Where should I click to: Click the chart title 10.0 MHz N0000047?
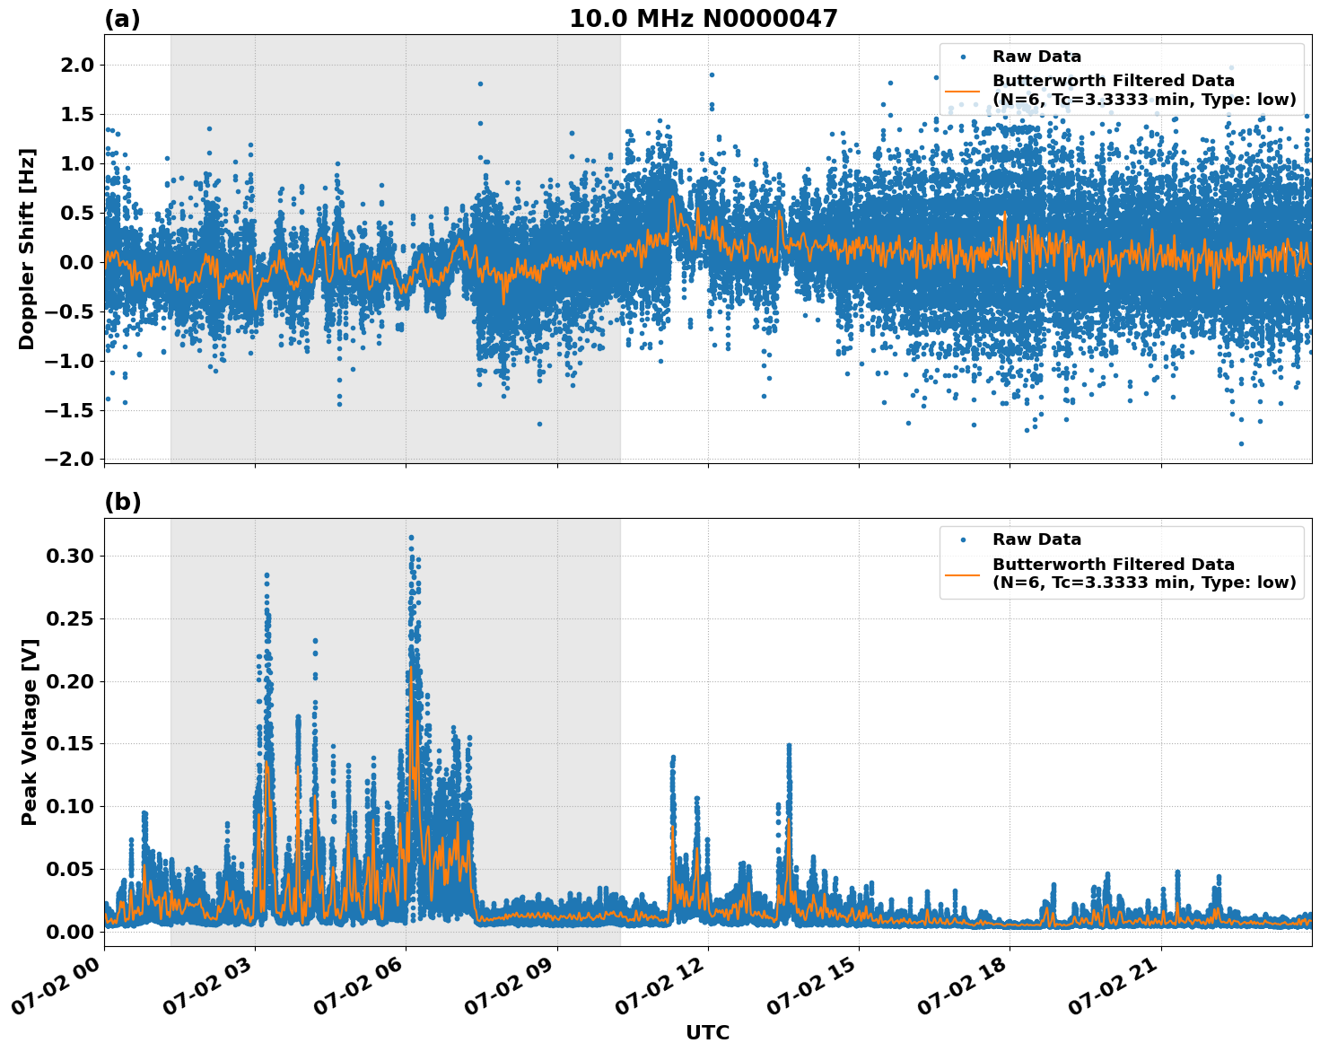click(x=703, y=19)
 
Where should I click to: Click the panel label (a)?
click(x=122, y=19)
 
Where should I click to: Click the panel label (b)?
click(x=122, y=502)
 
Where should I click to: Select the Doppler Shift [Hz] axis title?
click(x=27, y=249)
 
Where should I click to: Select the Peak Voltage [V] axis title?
click(x=30, y=732)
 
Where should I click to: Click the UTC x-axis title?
click(x=707, y=1032)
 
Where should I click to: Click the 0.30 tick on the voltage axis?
click(x=69, y=556)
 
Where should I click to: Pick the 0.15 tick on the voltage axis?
click(x=69, y=743)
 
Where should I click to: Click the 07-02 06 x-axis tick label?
click(x=360, y=987)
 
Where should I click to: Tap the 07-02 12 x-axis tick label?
click(x=661, y=987)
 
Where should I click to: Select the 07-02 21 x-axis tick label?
click(x=1115, y=987)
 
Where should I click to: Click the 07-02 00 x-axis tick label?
click(x=57, y=987)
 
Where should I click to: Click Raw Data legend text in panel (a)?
click(x=1036, y=57)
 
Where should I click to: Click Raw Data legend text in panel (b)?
click(x=1036, y=539)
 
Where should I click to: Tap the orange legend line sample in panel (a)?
click(x=963, y=91)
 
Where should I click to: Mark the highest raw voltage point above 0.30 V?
click(x=411, y=538)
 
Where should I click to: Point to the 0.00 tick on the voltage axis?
click(x=69, y=932)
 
